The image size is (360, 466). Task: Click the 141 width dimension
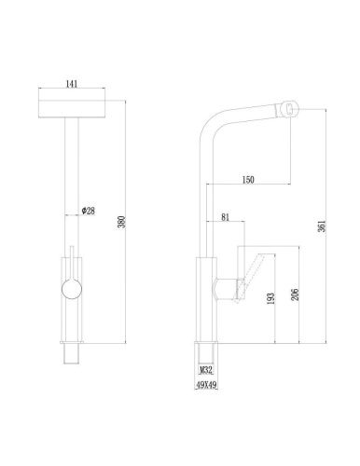point(72,84)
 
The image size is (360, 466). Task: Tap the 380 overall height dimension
point(122,222)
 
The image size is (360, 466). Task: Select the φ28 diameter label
point(89,211)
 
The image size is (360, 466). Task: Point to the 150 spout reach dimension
point(248,180)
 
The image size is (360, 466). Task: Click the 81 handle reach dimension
point(225,217)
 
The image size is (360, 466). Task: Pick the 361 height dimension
point(323,226)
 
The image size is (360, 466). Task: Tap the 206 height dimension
point(296,295)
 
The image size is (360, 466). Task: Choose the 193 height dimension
point(271,298)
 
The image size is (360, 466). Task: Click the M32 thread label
point(206,370)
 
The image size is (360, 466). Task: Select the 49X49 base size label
point(206,385)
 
